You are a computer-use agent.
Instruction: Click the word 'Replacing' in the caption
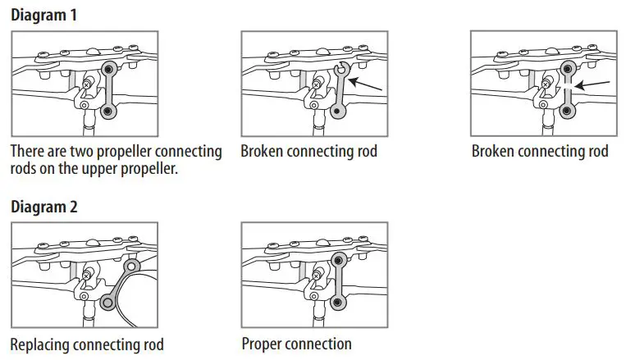[x=39, y=344]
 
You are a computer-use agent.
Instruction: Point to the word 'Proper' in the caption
[x=261, y=343]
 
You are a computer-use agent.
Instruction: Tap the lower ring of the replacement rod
[x=107, y=303]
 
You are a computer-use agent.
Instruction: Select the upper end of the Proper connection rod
[x=338, y=262]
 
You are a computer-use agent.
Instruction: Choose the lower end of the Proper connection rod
[x=338, y=303]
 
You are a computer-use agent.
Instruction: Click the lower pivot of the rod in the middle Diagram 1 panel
[x=338, y=111]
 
